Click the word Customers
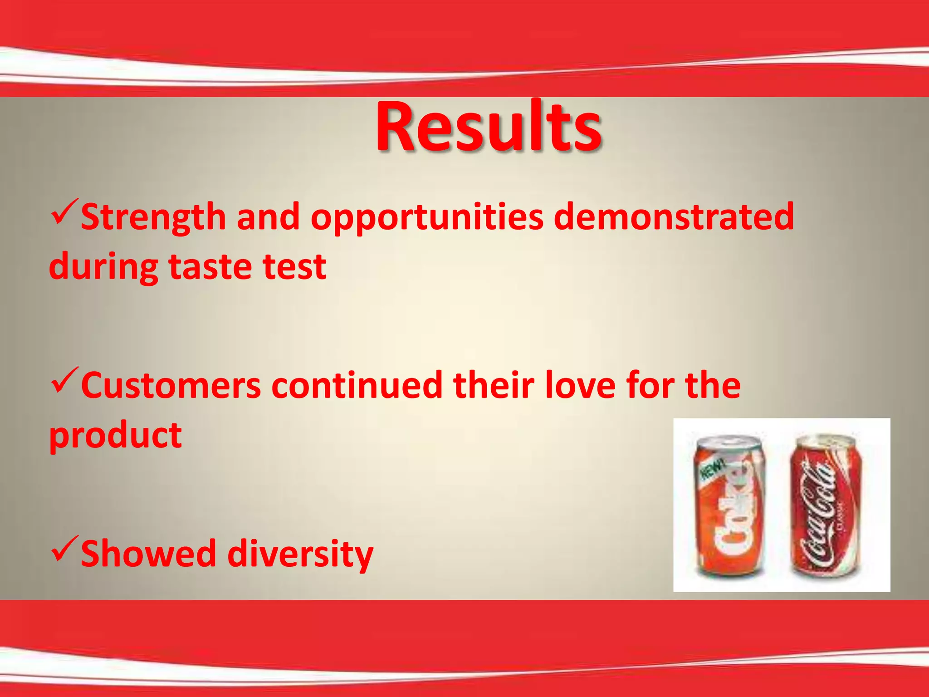(171, 386)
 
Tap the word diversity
(300, 555)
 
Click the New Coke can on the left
(729, 506)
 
